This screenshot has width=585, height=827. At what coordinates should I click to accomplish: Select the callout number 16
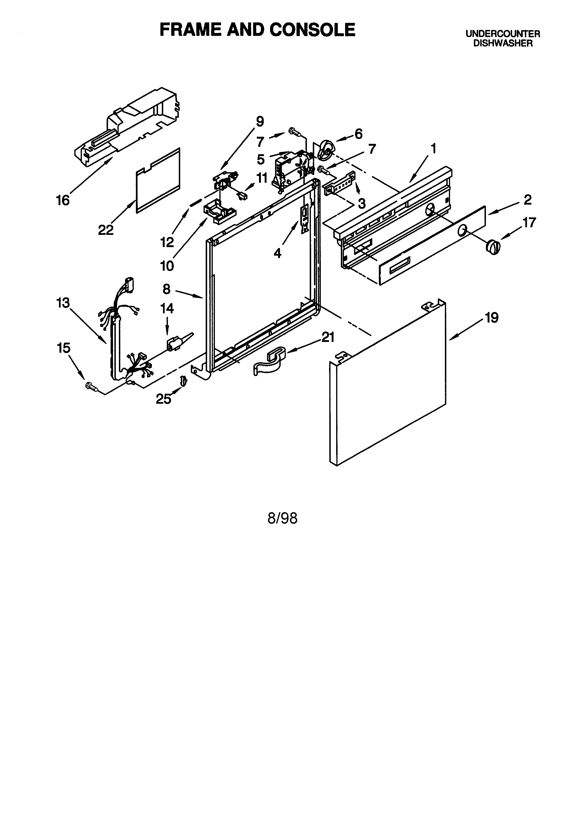(63, 200)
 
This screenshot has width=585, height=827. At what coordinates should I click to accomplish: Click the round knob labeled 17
(493, 247)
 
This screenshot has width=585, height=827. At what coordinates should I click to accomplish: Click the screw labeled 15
(92, 386)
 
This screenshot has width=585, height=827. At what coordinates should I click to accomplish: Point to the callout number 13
(63, 303)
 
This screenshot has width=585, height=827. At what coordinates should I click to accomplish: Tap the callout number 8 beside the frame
(167, 289)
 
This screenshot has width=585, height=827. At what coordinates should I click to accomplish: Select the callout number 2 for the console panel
(527, 199)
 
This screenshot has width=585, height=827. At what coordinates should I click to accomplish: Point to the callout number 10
(167, 266)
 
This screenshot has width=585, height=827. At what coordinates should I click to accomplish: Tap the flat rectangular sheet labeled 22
(159, 180)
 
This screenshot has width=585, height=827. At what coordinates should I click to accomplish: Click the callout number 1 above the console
(434, 148)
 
